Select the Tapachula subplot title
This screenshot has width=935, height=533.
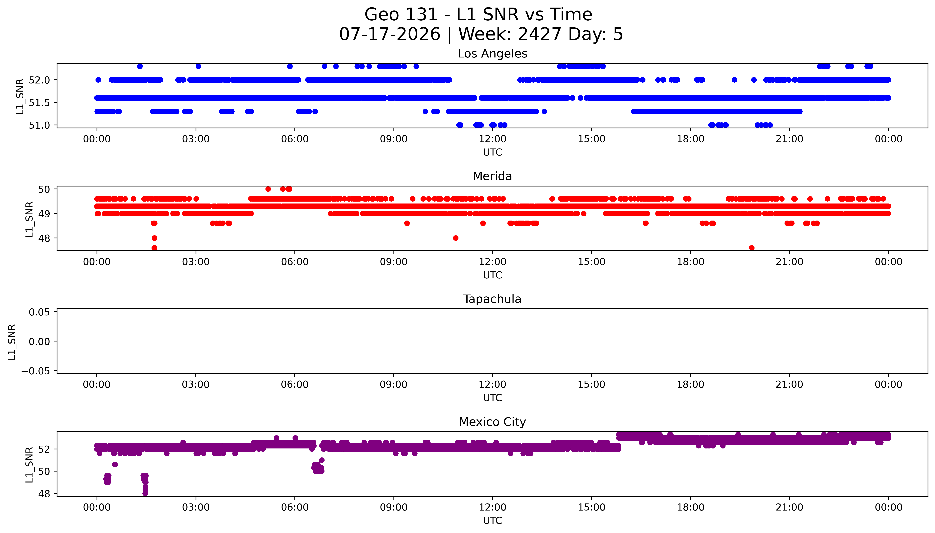point(492,299)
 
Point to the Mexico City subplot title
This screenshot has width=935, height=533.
point(492,422)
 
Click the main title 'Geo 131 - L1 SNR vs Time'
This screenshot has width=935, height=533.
point(478,15)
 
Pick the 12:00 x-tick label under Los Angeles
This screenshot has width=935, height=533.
point(493,139)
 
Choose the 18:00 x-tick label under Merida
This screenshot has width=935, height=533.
point(690,262)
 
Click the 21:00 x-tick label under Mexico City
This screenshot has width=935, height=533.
point(789,507)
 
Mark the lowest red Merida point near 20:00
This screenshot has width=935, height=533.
point(752,248)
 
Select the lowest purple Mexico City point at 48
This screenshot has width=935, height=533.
point(145,493)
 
